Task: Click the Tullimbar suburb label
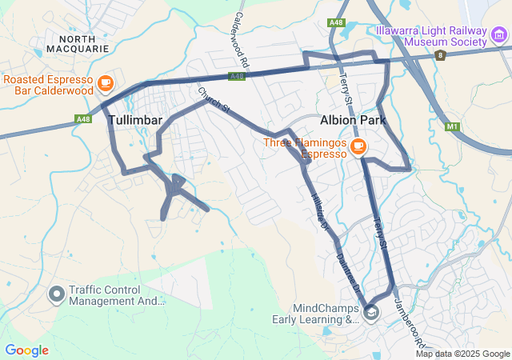point(135,120)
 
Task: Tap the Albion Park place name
point(353,120)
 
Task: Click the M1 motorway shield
point(453,126)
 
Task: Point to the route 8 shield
point(440,55)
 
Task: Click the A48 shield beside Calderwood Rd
point(236,77)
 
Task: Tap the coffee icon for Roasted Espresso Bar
point(105,82)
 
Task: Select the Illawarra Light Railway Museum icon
point(499,36)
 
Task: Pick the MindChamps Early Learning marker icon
point(371,314)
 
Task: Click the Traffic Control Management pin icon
point(57,295)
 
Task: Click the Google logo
point(26,350)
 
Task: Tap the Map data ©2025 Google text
point(462,354)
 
